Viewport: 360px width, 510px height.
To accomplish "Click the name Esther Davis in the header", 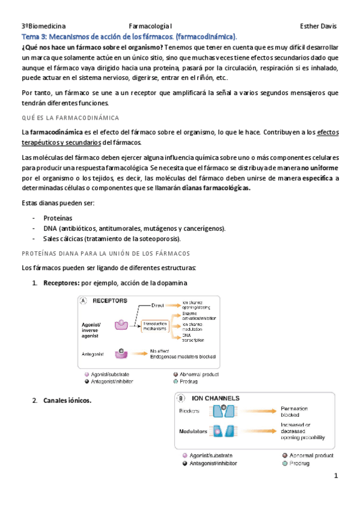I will pyautogui.click(x=318, y=26).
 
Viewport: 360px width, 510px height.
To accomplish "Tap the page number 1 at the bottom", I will pyautogui.click(x=337, y=476).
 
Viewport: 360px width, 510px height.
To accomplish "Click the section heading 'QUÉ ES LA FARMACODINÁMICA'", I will pyautogui.click(x=70, y=117).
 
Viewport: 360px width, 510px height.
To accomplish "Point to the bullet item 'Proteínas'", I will pyautogui.click(x=58, y=218).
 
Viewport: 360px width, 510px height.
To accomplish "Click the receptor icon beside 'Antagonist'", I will pyautogui.click(x=122, y=353).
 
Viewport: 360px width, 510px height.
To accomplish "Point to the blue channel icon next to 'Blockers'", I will pyautogui.click(x=218, y=411).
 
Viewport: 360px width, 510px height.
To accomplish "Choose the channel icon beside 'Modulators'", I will pyautogui.click(x=218, y=431).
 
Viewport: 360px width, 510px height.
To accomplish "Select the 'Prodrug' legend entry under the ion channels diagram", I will pyautogui.click(x=302, y=463).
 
